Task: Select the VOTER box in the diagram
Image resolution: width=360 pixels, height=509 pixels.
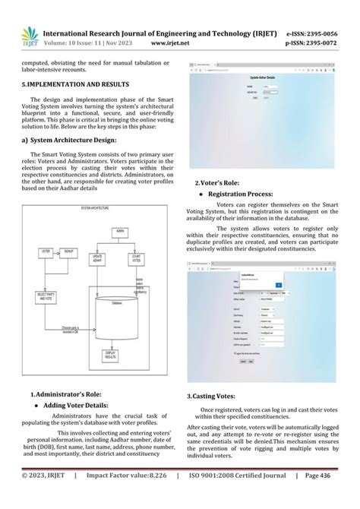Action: [47, 250]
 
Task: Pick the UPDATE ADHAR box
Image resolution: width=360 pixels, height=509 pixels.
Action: [97, 258]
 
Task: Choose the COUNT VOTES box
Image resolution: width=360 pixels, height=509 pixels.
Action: [138, 258]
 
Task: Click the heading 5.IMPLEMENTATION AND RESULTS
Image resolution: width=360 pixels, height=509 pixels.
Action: [75, 83]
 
